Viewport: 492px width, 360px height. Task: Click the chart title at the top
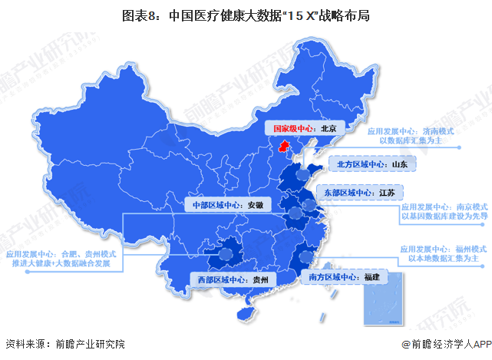246,15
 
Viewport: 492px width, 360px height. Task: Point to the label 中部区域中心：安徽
227,205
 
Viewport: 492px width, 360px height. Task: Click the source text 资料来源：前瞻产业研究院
64,344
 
